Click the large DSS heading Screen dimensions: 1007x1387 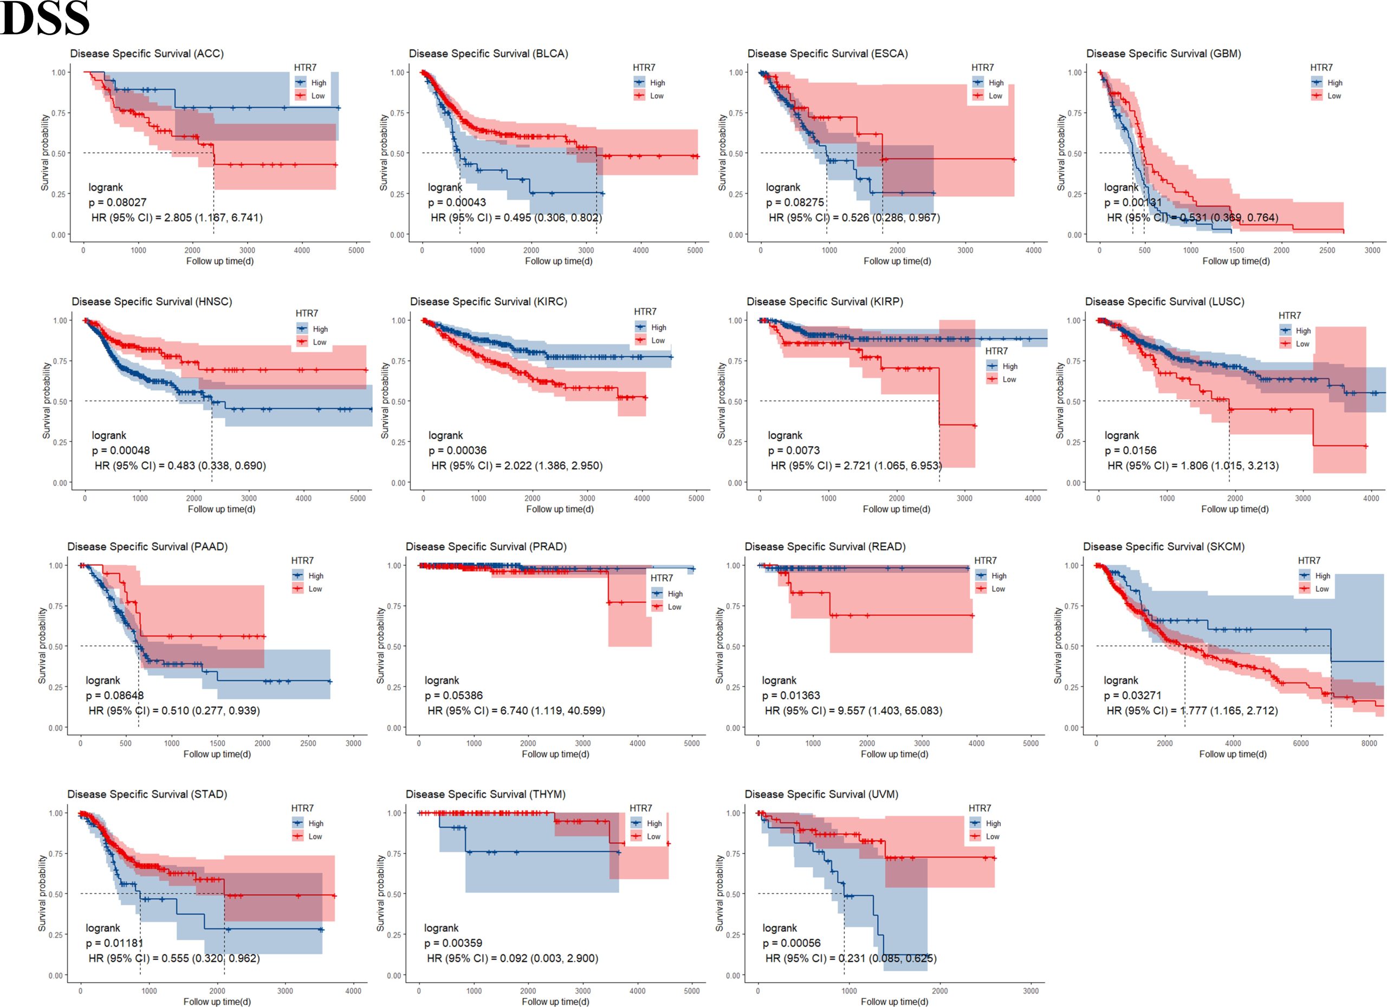(46, 18)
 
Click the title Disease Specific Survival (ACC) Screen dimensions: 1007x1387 (147, 54)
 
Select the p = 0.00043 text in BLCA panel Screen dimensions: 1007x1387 (457, 203)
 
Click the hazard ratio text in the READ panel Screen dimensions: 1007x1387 (853, 711)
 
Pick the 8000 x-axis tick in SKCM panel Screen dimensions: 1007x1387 (1369, 743)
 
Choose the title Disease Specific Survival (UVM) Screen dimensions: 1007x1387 (821, 794)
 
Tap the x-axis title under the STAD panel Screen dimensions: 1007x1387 (217, 1002)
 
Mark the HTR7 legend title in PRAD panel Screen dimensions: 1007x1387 (661, 578)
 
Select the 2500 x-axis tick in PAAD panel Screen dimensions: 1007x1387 (308, 743)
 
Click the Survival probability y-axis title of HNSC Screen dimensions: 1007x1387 (47, 401)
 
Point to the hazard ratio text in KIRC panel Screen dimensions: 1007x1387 (517, 466)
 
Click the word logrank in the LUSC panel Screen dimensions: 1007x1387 (1122, 436)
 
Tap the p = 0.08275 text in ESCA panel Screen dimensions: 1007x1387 (795, 203)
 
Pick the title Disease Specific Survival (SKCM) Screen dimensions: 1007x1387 (1164, 546)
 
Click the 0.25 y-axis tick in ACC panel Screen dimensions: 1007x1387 (59, 194)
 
